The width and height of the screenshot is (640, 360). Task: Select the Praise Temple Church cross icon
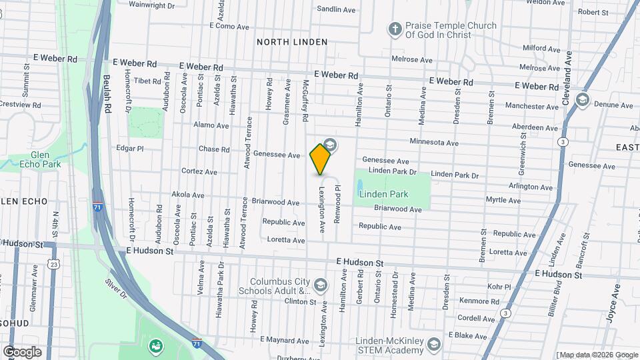tap(395, 29)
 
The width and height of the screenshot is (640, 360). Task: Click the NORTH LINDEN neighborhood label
tap(292, 41)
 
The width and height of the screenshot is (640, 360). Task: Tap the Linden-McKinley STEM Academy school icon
tap(434, 344)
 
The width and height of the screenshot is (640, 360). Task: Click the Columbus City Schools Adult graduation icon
tap(321, 286)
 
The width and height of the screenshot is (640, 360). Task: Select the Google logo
tap(22, 351)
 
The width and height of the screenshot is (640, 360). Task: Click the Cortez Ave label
tap(199, 171)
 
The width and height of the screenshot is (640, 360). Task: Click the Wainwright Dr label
tap(151, 5)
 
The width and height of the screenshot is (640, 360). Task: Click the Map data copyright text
tap(597, 355)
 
